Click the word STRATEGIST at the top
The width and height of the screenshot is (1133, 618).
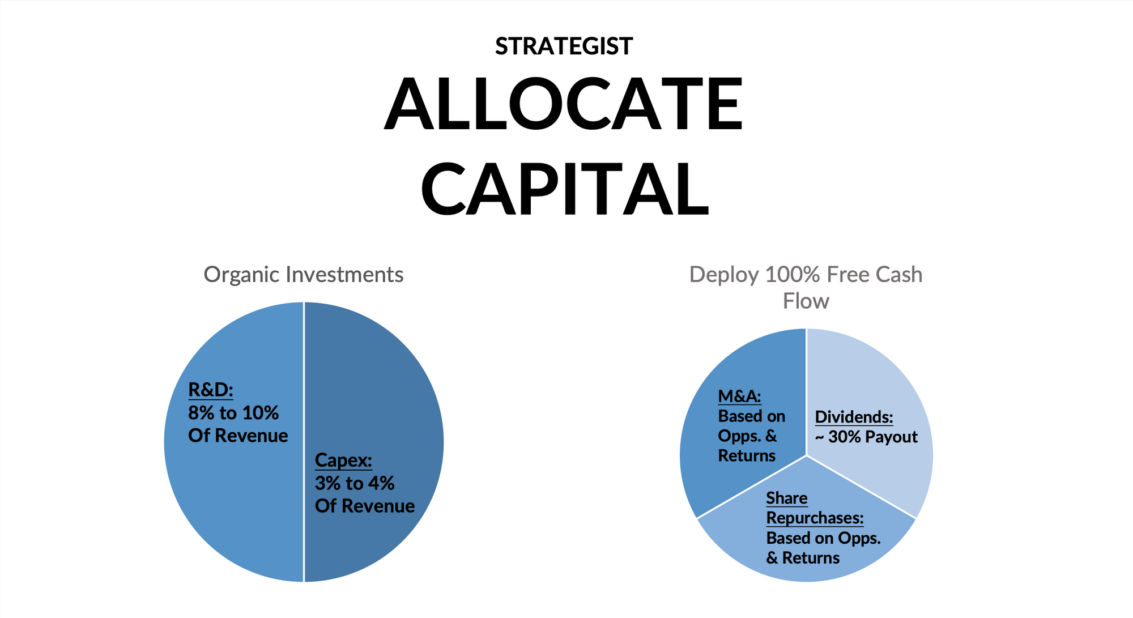[x=564, y=46]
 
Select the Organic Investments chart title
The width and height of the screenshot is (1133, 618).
[x=303, y=275]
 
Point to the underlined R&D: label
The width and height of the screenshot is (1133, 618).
[x=210, y=390]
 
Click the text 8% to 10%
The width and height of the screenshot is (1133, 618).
[x=233, y=413]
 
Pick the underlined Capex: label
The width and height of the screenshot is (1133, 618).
[x=343, y=460]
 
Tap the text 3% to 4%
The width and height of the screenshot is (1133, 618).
[x=354, y=483]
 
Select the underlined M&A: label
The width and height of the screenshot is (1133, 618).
[x=739, y=396]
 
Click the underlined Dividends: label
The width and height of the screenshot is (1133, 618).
[x=854, y=417]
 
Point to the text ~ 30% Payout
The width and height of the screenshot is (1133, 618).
[x=866, y=437]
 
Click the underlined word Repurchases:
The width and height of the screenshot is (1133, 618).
[x=815, y=518]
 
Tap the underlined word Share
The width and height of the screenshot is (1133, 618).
[x=786, y=498]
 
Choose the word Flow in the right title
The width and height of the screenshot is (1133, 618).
[x=806, y=301]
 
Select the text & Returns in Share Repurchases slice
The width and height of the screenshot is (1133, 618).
[x=802, y=558]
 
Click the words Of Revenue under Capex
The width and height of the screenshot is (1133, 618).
[x=364, y=506]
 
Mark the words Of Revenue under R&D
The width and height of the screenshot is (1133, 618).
[x=238, y=436]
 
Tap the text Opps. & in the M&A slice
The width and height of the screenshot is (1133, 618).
[x=747, y=436]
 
